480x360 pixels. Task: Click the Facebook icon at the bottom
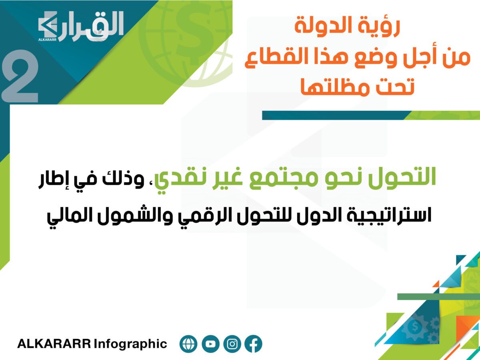253,344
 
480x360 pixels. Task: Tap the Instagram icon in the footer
232,344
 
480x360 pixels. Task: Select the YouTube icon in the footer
210,344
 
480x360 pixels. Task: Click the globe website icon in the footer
188,344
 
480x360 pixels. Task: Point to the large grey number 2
20,76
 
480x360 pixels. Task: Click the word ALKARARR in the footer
54,344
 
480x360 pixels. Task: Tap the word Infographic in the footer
130,344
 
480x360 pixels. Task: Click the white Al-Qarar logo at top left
81,26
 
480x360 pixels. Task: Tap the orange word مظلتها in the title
330,86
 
